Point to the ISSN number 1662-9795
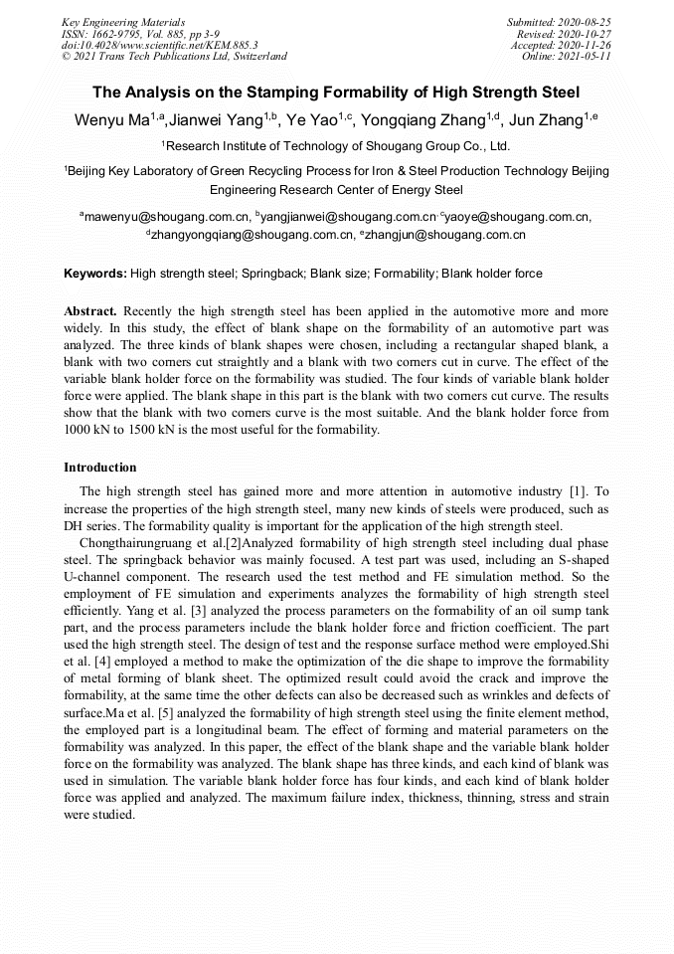(117, 33)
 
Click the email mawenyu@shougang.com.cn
(167, 216)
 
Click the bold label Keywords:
(95, 273)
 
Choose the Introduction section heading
(100, 467)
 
